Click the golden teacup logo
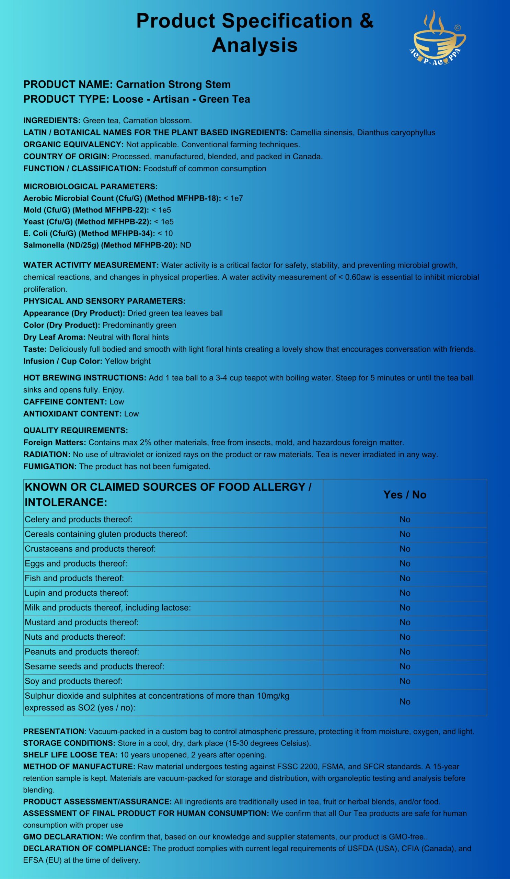point(438,38)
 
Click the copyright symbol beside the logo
point(458,28)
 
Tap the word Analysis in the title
point(254,45)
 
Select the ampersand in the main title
point(366,21)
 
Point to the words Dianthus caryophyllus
point(396,133)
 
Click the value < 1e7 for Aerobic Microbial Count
point(233,198)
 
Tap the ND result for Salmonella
point(185,245)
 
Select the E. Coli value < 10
point(165,233)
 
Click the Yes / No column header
point(405,495)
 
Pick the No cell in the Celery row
point(405,520)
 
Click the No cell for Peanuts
point(405,652)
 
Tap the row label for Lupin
point(76,593)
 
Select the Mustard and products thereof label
point(82,622)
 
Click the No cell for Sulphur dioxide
point(405,701)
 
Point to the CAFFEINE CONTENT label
point(65,401)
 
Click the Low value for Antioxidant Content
point(131,414)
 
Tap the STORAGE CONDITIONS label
point(69,743)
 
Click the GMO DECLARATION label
point(63,836)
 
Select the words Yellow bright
point(128,361)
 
